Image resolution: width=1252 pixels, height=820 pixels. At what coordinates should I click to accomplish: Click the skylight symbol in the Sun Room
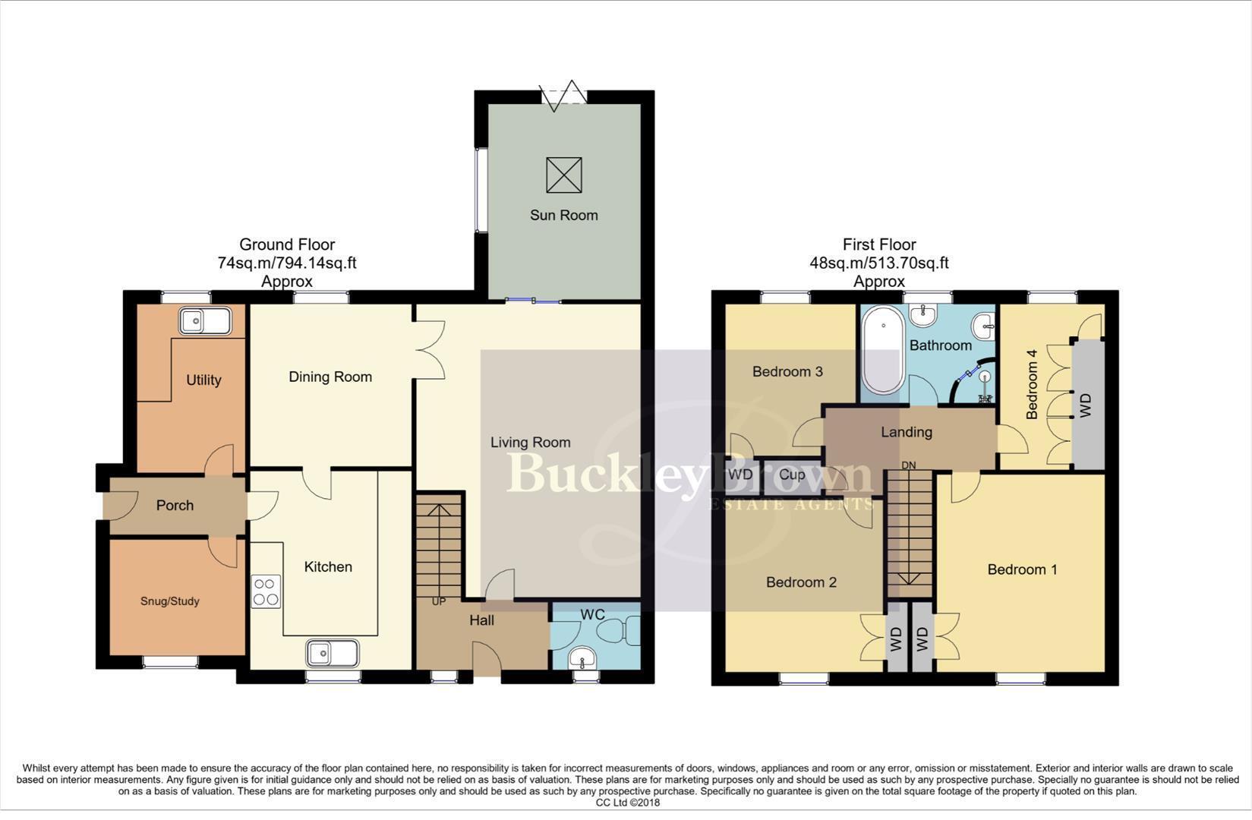coord(564,175)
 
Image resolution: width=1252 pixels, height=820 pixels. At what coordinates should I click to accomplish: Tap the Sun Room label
coord(563,215)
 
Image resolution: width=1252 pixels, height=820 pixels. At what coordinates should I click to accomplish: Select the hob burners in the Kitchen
coord(266,591)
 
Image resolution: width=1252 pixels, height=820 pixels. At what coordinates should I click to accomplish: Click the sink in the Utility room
coord(205,322)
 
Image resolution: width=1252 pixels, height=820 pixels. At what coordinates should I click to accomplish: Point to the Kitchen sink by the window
coord(333,653)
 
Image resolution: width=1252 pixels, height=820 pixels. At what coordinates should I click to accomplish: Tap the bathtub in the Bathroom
coord(883,349)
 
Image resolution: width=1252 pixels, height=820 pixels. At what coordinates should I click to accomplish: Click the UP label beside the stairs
coord(439,602)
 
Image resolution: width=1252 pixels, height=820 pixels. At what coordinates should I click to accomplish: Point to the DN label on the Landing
coord(908,465)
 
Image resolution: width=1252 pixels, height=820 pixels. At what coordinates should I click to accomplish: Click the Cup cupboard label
coord(792,475)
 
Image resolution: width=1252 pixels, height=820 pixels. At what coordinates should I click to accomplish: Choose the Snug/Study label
coord(170,601)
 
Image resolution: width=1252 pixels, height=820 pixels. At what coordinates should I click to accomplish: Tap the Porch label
coord(175,506)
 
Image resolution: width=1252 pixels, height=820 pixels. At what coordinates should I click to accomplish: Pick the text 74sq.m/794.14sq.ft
coord(287,263)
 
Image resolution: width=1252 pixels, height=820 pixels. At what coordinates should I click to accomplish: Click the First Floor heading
coord(879,244)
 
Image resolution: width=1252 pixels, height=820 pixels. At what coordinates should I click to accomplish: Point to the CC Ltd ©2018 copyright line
coord(627,803)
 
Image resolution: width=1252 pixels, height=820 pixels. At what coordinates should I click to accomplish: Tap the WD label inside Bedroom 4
coord(1086,405)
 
